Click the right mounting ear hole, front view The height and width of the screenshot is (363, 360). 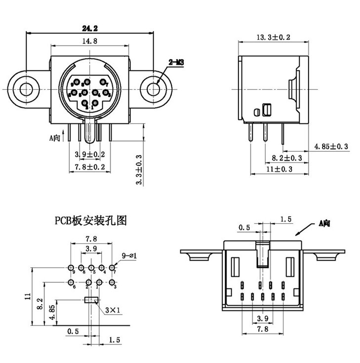(x=154, y=89)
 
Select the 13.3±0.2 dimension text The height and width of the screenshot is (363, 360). (x=273, y=37)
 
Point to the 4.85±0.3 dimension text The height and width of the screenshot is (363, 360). (x=332, y=147)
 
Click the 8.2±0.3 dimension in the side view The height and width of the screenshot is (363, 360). (x=287, y=158)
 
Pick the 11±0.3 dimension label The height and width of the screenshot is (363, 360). (x=280, y=169)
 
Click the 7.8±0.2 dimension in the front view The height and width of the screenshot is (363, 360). (x=89, y=167)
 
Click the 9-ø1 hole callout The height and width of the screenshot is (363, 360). (x=128, y=255)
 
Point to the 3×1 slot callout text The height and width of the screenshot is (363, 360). (x=113, y=310)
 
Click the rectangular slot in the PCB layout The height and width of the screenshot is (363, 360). (x=91, y=299)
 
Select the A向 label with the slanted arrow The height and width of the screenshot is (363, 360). (x=324, y=224)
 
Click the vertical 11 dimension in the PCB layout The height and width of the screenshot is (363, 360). (x=28, y=296)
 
